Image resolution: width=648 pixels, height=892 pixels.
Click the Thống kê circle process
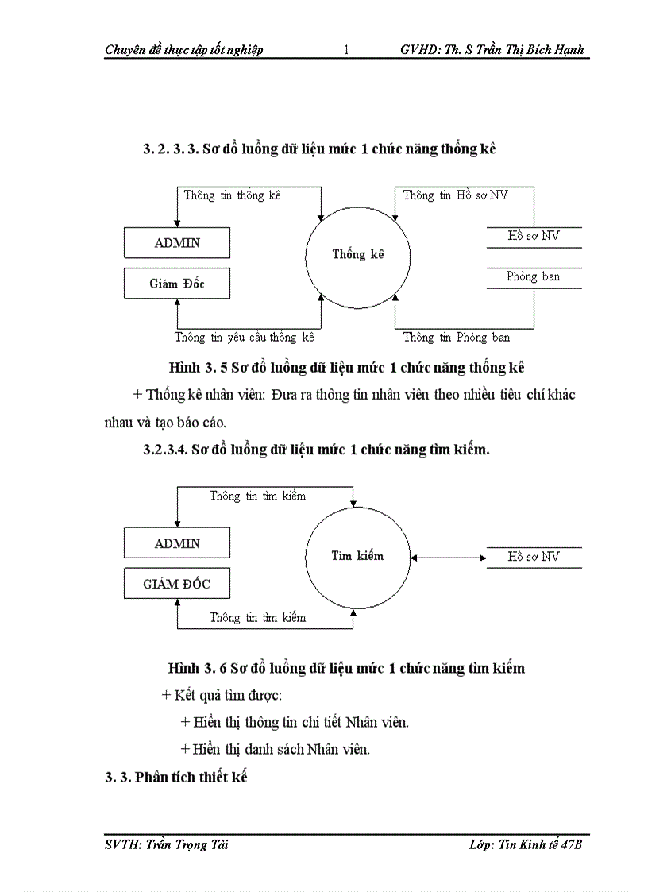pyautogui.click(x=357, y=255)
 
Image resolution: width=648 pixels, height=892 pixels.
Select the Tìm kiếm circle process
pyautogui.click(x=357, y=556)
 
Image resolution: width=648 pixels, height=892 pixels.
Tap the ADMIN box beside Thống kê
pyautogui.click(x=177, y=243)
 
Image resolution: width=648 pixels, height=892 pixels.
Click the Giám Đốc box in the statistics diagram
pyautogui.click(x=177, y=284)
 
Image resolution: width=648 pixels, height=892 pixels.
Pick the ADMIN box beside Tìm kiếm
pyautogui.click(x=177, y=543)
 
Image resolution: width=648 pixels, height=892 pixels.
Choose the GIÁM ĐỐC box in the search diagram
pyautogui.click(x=177, y=584)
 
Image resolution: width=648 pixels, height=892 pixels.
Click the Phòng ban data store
pyautogui.click(x=534, y=277)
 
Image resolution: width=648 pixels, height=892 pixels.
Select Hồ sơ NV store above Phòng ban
pyautogui.click(x=534, y=237)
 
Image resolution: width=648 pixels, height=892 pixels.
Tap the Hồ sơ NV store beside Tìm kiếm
pyautogui.click(x=534, y=557)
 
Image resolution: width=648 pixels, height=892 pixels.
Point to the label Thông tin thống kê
pyautogui.click(x=233, y=195)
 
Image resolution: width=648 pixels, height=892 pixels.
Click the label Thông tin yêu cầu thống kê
pyautogui.click(x=245, y=338)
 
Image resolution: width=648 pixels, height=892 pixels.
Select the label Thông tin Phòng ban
pyautogui.click(x=456, y=338)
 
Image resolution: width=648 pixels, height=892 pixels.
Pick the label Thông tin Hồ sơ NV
pyautogui.click(x=455, y=195)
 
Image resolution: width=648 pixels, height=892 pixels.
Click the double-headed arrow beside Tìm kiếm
pyautogui.click(x=449, y=557)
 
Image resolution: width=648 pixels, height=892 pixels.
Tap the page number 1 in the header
pyautogui.click(x=346, y=50)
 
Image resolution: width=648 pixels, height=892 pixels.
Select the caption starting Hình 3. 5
pyautogui.click(x=347, y=368)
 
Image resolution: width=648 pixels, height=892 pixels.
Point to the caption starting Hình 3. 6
pyautogui.click(x=347, y=668)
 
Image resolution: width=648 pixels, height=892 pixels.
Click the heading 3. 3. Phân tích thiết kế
pyautogui.click(x=177, y=778)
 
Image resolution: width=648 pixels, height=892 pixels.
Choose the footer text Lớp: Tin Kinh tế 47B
pyautogui.click(x=526, y=844)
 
